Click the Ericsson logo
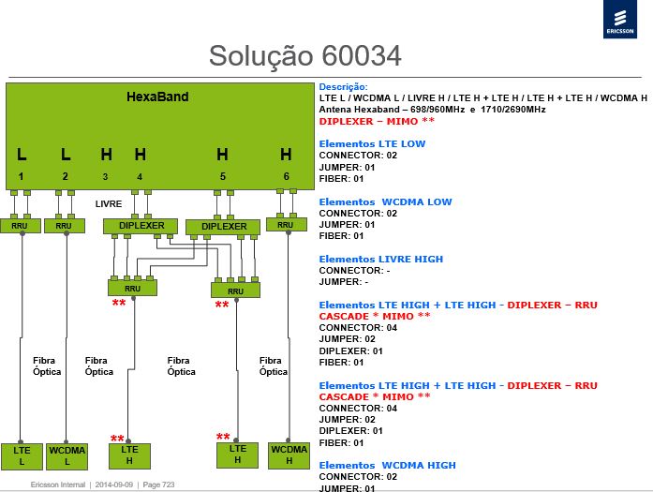[620, 19]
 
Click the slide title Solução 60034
[304, 56]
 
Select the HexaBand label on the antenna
[157, 97]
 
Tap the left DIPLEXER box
[141, 226]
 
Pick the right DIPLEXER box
[223, 227]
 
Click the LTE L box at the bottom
[22, 456]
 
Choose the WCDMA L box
[67, 456]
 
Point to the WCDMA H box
[289, 455]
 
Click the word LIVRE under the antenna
[109, 204]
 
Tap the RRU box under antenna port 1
[20, 226]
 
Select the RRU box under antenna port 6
[287, 225]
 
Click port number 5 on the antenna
[223, 176]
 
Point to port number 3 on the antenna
[105, 177]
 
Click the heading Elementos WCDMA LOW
[385, 202]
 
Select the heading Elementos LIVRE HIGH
[381, 260]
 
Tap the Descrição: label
[344, 87]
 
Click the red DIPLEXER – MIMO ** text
[377, 121]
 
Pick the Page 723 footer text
[158, 485]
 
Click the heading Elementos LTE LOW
[372, 144]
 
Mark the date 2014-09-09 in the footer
[114, 485]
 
